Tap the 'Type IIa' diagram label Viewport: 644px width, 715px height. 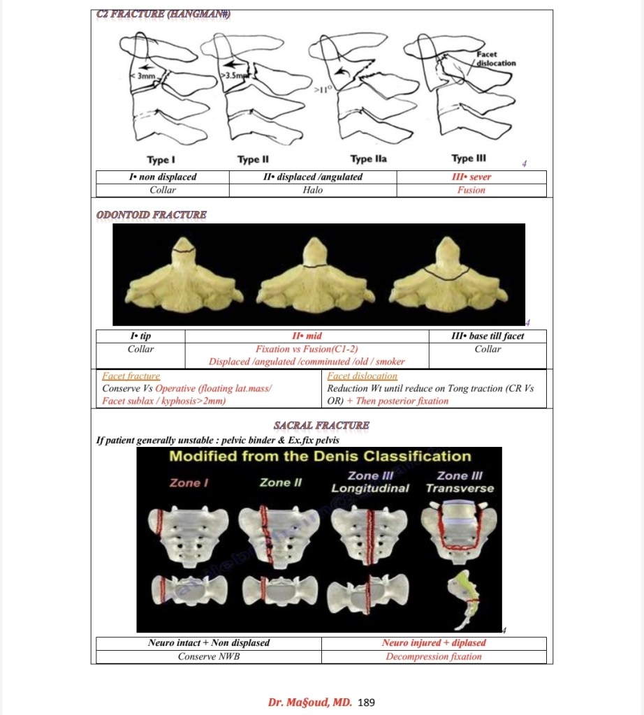(x=368, y=159)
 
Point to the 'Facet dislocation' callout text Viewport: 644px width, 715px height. (x=496, y=59)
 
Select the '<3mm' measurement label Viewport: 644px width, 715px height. (x=145, y=75)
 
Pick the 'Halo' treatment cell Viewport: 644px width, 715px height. (x=313, y=190)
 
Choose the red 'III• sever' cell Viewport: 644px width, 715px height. (x=471, y=177)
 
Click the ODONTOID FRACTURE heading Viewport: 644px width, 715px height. (x=151, y=214)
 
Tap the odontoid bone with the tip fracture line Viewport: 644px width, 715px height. (x=184, y=277)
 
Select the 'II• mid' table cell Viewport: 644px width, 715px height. (x=307, y=336)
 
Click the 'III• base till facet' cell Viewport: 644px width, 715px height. (x=488, y=336)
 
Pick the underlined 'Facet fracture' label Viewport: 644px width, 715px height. (x=131, y=376)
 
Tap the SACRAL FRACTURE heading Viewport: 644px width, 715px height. (x=322, y=425)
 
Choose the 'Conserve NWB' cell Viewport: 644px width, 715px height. (x=209, y=656)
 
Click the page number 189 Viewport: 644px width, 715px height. (x=366, y=702)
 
